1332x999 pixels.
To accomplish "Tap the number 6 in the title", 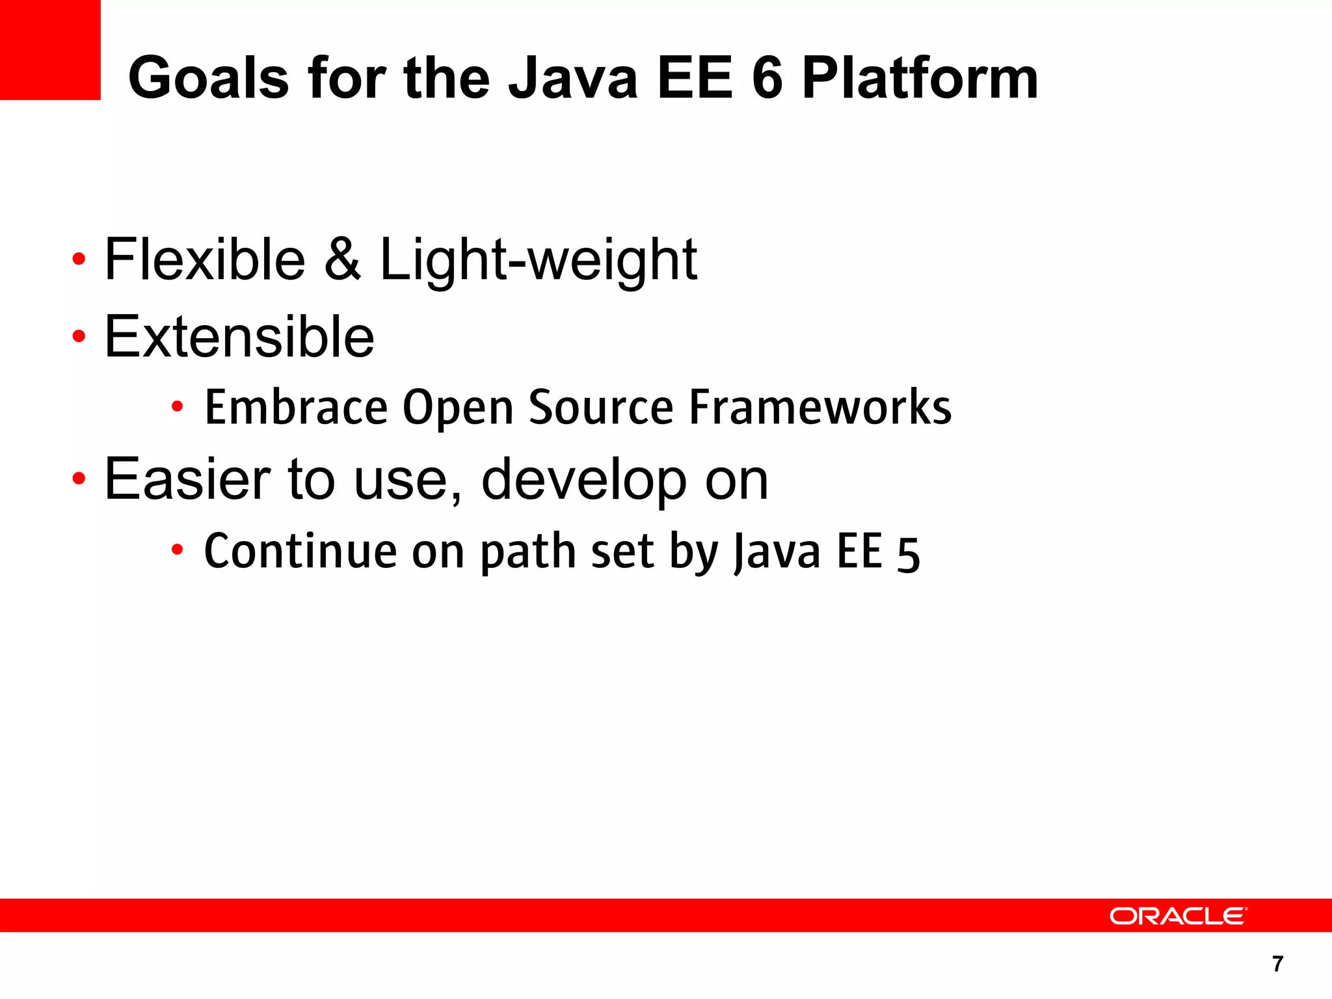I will [x=767, y=78].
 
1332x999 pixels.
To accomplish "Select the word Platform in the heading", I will [x=920, y=78].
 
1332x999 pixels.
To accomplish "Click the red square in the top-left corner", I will [x=50, y=49].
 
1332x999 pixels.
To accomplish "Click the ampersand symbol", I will [x=342, y=260].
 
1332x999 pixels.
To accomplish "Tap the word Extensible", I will [x=239, y=336].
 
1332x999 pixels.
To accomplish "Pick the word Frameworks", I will [x=820, y=407].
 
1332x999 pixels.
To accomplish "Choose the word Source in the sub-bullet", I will [x=601, y=407].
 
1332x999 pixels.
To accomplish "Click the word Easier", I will [x=187, y=479].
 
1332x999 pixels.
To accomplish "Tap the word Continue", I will [x=300, y=552].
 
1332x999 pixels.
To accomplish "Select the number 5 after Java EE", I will [x=908, y=554].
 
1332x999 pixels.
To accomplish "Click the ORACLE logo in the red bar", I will [x=1178, y=916].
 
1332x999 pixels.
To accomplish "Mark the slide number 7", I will [x=1277, y=964].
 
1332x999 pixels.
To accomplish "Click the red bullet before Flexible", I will [x=79, y=260].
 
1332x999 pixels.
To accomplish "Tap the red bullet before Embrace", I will [x=177, y=407].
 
